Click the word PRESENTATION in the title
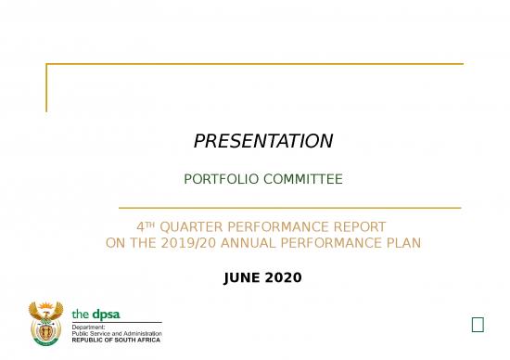point(262,141)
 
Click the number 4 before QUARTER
point(141,226)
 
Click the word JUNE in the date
point(244,277)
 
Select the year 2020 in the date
point(284,277)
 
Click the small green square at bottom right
point(478,324)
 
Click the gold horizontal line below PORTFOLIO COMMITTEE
point(289,208)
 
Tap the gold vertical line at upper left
point(46,88)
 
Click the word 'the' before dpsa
point(82,315)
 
